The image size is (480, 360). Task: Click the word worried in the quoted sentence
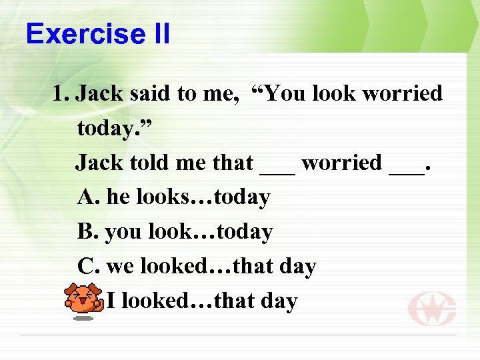[x=403, y=93]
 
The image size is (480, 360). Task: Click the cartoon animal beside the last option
[x=84, y=301]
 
